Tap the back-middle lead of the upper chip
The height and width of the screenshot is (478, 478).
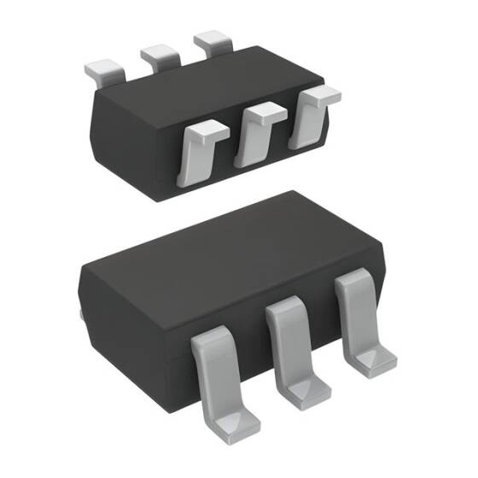pyautogui.click(x=160, y=55)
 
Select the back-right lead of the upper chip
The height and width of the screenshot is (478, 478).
pyautogui.click(x=212, y=41)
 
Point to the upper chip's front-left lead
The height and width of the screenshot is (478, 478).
pyautogui.click(x=198, y=152)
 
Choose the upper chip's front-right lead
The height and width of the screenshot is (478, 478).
pyautogui.click(x=309, y=116)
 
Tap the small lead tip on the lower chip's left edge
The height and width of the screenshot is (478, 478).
pyautogui.click(x=80, y=313)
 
